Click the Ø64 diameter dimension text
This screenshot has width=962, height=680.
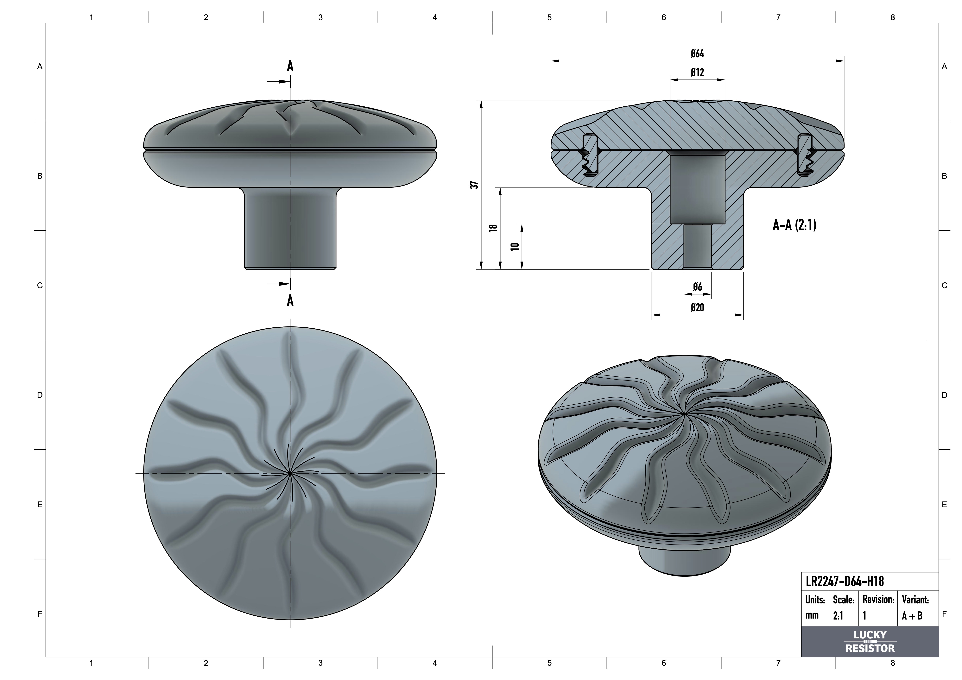[697, 54]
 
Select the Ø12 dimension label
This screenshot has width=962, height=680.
[697, 72]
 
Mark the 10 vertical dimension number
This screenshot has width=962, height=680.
[515, 246]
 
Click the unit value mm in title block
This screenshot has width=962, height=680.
[812, 615]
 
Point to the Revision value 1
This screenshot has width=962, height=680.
[864, 615]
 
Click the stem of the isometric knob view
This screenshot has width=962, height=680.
[684, 561]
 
